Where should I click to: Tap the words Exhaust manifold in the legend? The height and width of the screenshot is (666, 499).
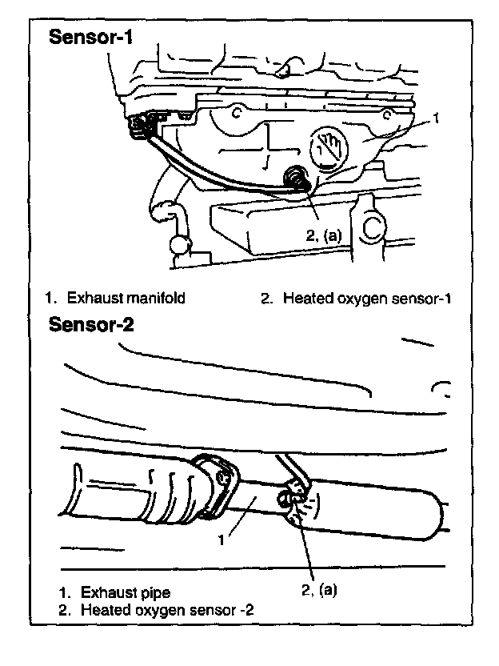126,299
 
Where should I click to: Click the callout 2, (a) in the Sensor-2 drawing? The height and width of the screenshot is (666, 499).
317,589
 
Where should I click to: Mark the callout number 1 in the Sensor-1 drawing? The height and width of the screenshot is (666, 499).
436,118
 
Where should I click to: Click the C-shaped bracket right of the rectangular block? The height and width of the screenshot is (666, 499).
373,229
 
